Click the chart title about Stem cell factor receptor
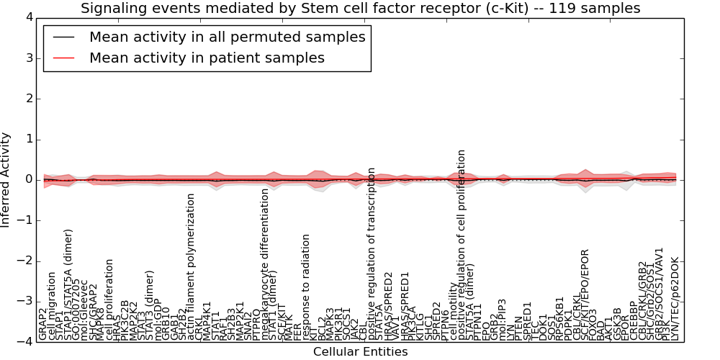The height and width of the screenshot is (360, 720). (x=360, y=9)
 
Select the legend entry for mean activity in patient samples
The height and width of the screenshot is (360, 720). (x=207, y=58)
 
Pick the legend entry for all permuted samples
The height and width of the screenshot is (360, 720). (x=227, y=37)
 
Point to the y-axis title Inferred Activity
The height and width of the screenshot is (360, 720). (x=6, y=179)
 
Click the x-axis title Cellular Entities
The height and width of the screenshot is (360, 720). (x=360, y=352)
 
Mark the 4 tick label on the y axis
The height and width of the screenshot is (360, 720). (x=28, y=17)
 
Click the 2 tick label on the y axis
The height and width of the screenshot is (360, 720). (x=28, y=98)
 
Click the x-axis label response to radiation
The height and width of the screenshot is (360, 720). (x=306, y=287)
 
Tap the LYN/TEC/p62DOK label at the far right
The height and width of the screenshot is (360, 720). (x=675, y=298)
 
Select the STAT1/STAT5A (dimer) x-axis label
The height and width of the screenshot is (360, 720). (x=69, y=284)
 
